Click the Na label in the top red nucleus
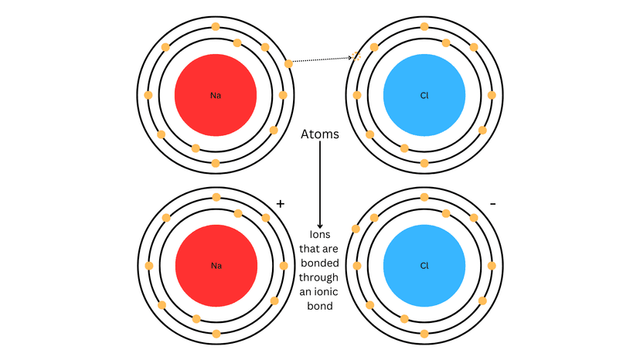click(216, 96)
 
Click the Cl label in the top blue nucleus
click(424, 96)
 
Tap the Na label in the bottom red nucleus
click(216, 266)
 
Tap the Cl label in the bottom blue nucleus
click(424, 266)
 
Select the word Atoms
click(320, 134)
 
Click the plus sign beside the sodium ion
click(281, 204)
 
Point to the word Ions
click(320, 235)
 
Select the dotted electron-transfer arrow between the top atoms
click(321, 59)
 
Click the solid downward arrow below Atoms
click(320, 185)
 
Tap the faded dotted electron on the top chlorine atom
click(357, 56)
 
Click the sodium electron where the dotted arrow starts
click(288, 63)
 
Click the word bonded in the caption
click(319, 263)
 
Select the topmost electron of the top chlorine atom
click(424, 27)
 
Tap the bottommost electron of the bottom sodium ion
click(216, 334)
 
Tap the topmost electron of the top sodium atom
click(216, 28)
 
